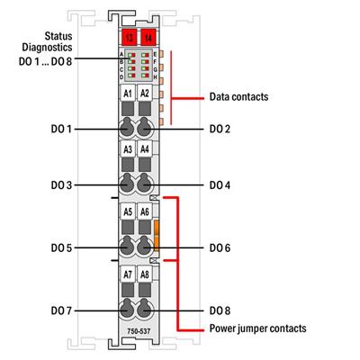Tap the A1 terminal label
point(128,94)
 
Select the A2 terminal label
point(145,94)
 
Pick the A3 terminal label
point(128,149)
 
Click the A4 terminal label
point(145,149)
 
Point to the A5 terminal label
point(128,212)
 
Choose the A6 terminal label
point(145,212)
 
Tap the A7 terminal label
point(128,274)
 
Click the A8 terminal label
point(145,274)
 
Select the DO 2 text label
point(220,130)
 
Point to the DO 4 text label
point(220,185)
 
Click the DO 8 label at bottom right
point(220,310)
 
